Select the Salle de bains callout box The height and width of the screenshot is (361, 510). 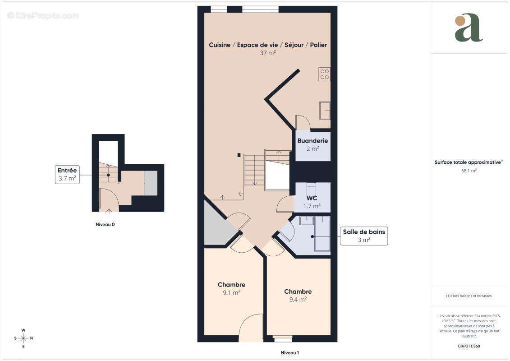click(x=364, y=236)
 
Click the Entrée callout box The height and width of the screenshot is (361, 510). click(x=67, y=174)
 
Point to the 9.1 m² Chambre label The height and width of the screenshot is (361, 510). click(x=231, y=288)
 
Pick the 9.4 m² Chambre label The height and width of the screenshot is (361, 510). click(x=298, y=295)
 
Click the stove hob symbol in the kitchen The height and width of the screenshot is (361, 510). click(x=325, y=74)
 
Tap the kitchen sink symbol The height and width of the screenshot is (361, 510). click(x=325, y=111)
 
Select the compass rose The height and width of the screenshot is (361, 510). click(x=23, y=338)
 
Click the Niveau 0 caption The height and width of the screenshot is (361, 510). click(x=105, y=224)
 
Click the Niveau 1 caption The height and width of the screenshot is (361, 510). click(x=290, y=352)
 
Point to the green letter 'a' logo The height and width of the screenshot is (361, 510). click(x=469, y=28)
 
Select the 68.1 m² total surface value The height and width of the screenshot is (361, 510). click(x=469, y=171)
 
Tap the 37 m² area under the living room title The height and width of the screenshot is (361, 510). click(x=268, y=52)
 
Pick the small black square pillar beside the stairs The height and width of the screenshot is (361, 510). click(x=239, y=155)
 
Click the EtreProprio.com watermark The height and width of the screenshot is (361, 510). click(x=43, y=15)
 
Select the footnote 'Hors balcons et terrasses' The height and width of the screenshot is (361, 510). click(x=469, y=296)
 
